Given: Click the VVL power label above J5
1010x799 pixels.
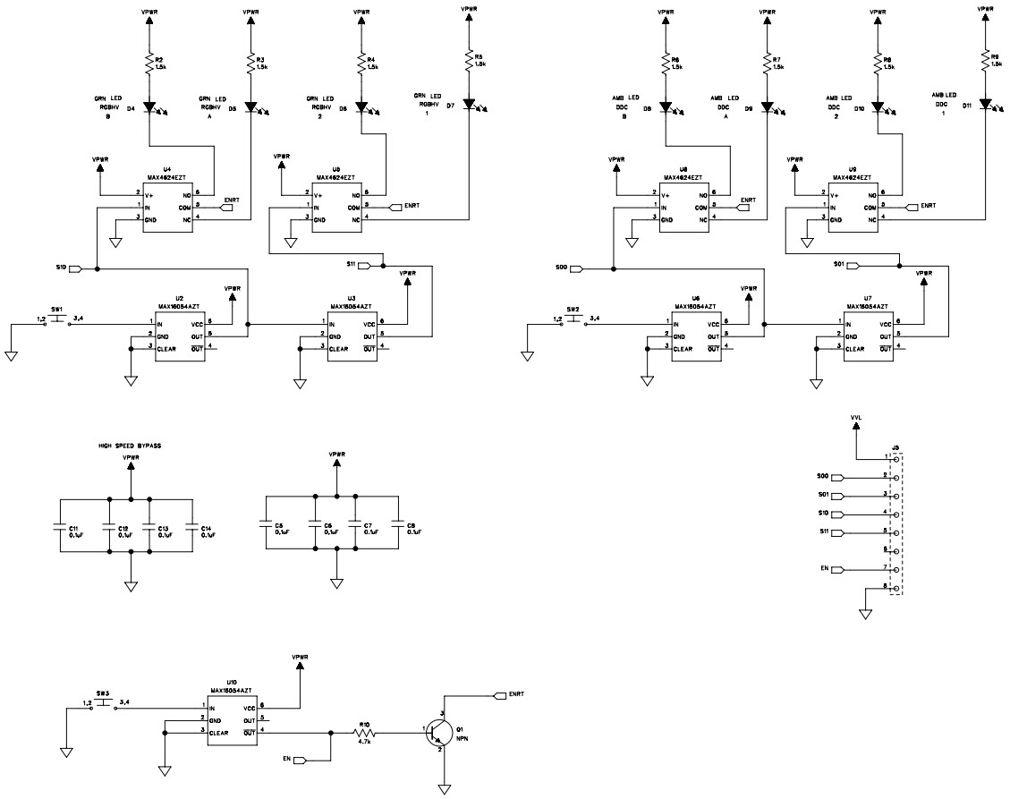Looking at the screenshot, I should coord(856,417).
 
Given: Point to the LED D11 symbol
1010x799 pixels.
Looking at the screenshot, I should coord(985,105).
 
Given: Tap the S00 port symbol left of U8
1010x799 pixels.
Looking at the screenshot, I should coord(575,268).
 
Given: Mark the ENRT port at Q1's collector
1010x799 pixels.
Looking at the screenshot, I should coord(500,694).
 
